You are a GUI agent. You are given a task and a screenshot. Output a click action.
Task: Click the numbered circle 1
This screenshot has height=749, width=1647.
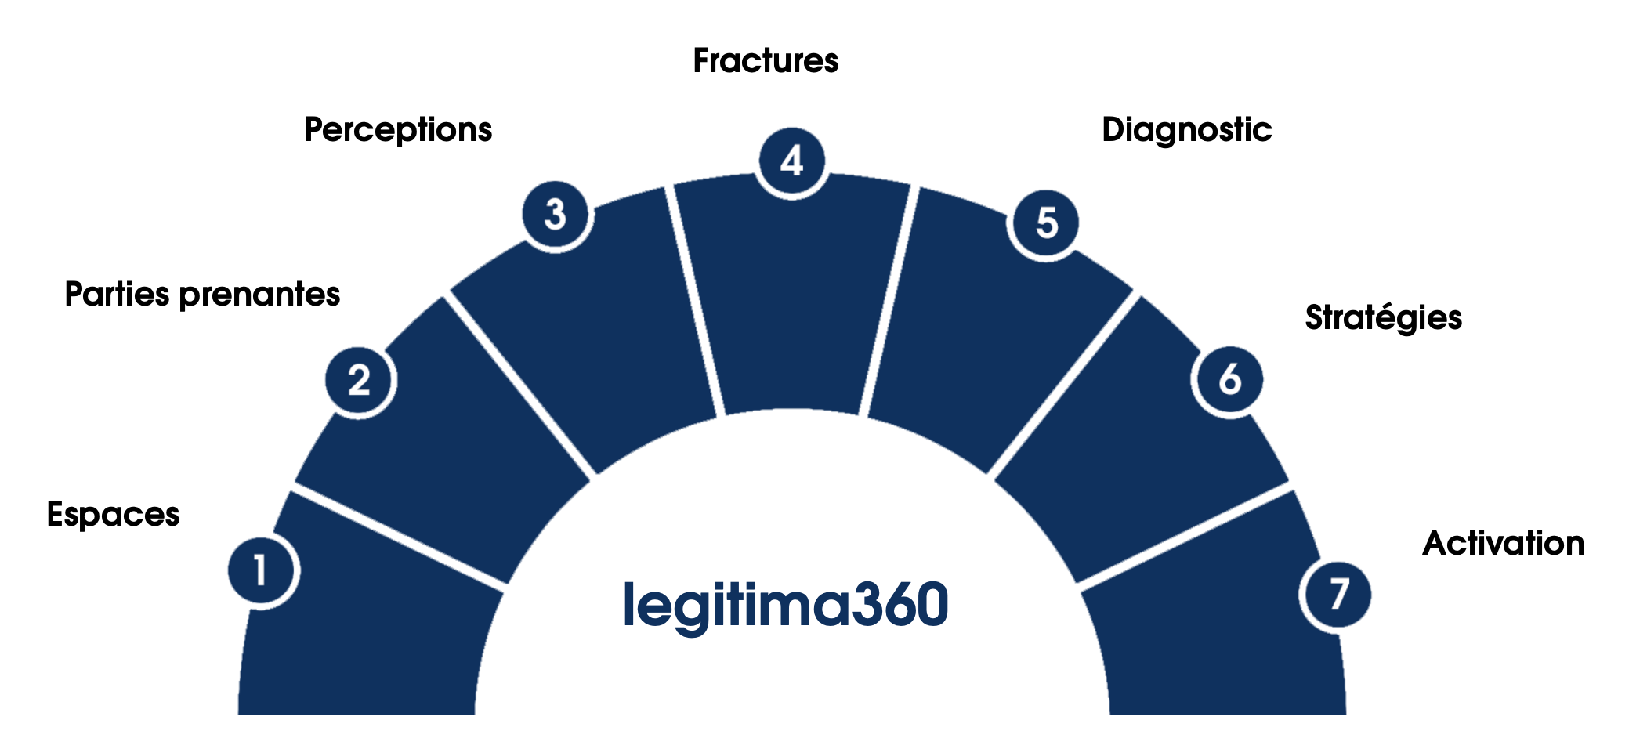(x=262, y=570)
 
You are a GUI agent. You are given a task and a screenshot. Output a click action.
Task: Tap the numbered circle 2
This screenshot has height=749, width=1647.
(x=360, y=381)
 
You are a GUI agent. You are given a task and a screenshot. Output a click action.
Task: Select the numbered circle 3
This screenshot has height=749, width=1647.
(x=556, y=215)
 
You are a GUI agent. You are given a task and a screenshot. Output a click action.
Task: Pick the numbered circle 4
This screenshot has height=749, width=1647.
(x=792, y=161)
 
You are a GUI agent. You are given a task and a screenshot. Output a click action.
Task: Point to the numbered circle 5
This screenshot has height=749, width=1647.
(x=1046, y=223)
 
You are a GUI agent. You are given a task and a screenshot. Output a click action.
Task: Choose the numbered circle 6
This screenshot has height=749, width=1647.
(x=1229, y=380)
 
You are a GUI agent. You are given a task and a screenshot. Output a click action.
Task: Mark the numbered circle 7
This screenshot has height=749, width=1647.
(x=1337, y=594)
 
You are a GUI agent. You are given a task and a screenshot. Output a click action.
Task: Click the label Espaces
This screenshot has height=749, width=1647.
(x=114, y=515)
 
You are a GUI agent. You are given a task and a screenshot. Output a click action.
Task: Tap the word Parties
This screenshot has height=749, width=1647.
(x=117, y=295)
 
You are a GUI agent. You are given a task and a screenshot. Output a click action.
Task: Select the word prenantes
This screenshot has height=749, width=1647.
(x=259, y=295)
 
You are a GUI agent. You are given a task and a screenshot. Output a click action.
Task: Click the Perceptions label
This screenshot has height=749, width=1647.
(x=398, y=130)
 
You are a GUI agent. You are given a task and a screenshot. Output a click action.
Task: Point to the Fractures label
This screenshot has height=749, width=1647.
(x=766, y=61)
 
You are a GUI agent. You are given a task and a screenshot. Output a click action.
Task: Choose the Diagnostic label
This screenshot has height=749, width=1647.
(x=1186, y=130)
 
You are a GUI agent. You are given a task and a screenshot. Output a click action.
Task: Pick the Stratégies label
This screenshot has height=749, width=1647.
(x=1383, y=318)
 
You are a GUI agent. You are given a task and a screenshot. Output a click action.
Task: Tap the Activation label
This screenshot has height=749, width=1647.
(x=1503, y=543)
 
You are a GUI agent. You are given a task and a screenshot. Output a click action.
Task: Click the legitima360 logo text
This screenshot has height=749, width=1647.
(x=786, y=605)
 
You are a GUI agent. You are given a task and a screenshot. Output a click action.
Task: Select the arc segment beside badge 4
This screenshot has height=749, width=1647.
(x=791, y=298)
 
